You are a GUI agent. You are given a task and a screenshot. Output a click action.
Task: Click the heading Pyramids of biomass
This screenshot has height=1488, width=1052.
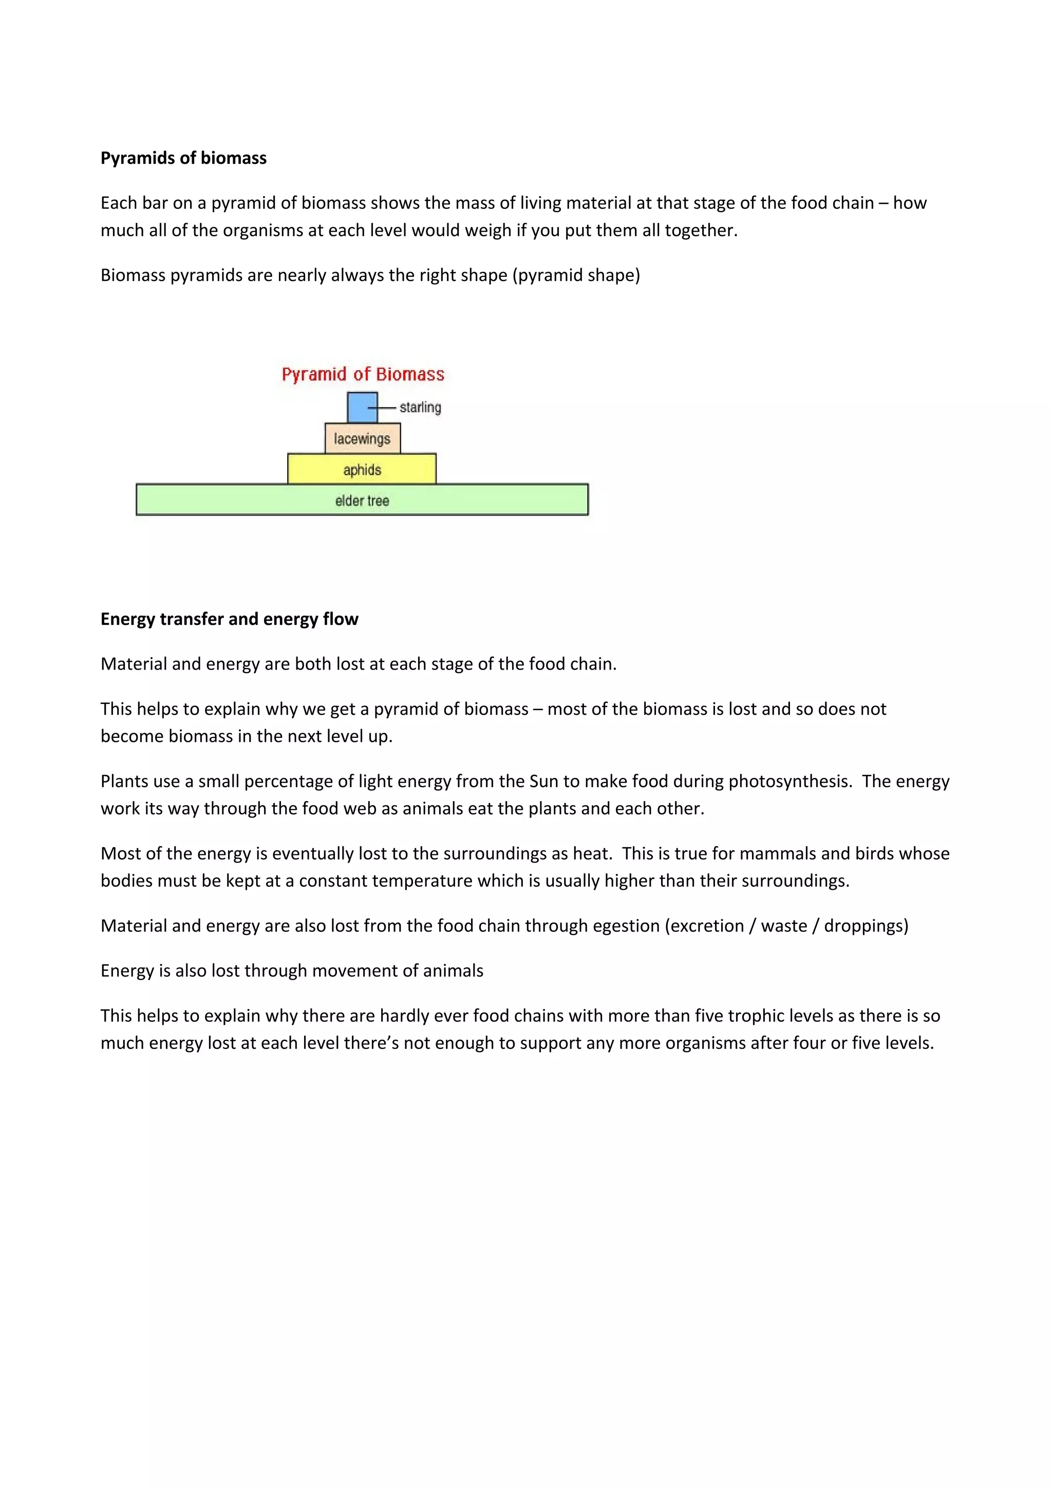pos(183,158)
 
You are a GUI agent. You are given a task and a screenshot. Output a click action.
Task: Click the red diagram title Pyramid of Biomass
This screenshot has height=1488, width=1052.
pos(363,375)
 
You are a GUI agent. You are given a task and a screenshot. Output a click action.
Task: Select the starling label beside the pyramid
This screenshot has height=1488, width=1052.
pos(420,408)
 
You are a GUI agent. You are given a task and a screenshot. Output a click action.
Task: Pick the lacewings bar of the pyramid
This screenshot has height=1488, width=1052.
pos(362,439)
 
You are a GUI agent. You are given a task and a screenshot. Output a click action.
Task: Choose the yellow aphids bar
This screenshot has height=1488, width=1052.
pos(362,470)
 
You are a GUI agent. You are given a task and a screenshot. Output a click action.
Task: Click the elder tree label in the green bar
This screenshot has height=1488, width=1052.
pos(362,500)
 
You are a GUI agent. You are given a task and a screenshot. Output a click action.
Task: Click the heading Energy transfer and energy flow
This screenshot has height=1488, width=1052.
pos(229,619)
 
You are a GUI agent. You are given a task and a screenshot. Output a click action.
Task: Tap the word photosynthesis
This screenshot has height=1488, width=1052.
pos(789,781)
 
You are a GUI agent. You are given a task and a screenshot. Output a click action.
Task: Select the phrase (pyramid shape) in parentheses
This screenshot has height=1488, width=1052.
pos(576,275)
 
